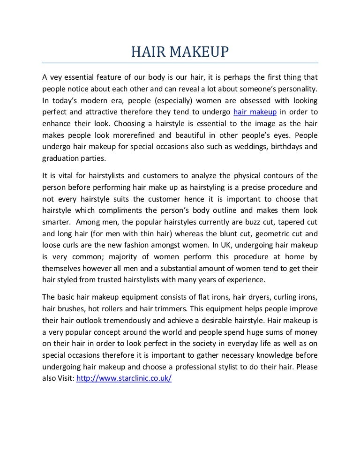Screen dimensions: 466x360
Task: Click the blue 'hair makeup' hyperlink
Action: tap(255, 113)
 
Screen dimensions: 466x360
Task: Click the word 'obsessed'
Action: tap(239, 101)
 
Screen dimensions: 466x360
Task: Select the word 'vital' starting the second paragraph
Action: tap(61, 176)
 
